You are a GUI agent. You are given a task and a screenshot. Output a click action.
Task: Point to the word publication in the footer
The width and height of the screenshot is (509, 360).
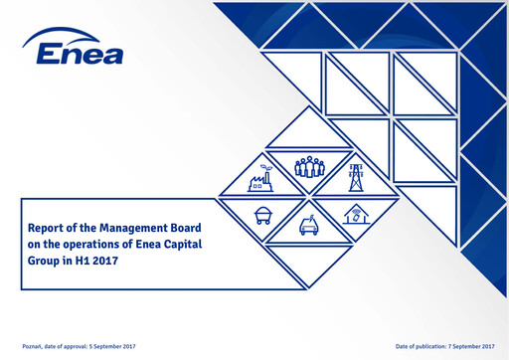pos(424,345)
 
